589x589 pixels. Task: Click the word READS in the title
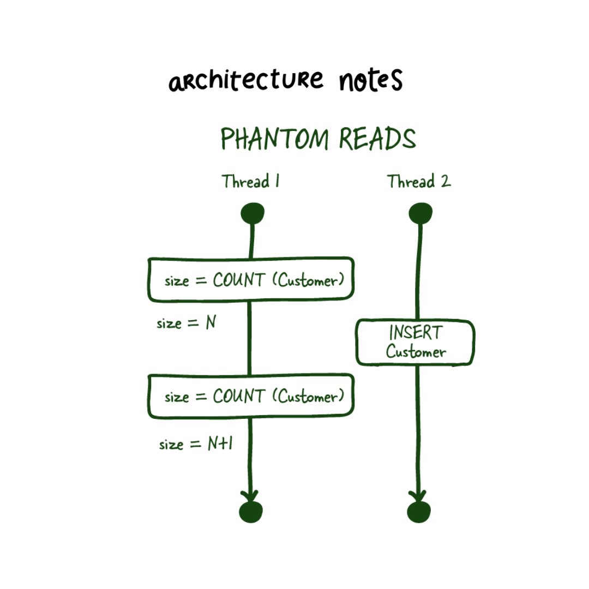tap(377, 140)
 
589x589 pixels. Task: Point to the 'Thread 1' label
tap(251, 182)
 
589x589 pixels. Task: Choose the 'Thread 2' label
tap(419, 182)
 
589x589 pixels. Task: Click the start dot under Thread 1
tap(253, 213)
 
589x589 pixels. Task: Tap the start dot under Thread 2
tap(420, 213)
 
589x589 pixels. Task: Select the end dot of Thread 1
tap(251, 512)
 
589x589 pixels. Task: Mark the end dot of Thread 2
tap(419, 512)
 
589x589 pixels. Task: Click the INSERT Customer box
tap(416, 342)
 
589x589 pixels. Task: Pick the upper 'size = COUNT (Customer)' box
tap(251, 279)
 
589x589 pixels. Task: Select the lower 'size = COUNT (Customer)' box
tap(251, 396)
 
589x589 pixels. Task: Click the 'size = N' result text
tap(187, 323)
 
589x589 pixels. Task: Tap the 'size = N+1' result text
tap(196, 444)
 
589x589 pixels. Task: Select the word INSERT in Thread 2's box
tap(416, 333)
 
